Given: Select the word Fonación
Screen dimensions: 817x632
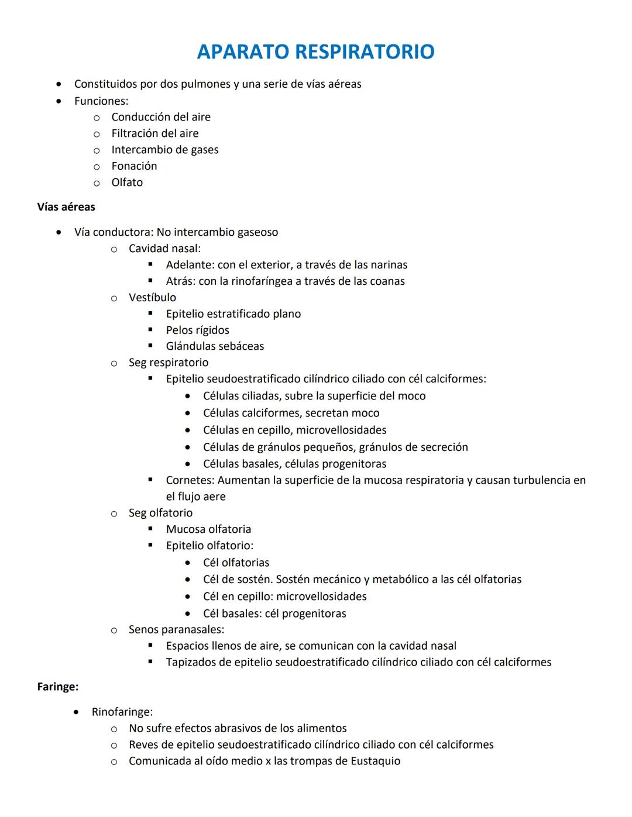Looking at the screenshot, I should pos(134,166).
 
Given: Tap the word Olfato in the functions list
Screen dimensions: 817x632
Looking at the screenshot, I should pos(127,182).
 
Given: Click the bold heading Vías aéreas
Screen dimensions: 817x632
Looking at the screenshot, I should pos(66,207).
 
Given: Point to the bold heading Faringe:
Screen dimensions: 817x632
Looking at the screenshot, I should pos(58,687).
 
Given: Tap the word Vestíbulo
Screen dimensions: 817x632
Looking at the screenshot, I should pos(152,298).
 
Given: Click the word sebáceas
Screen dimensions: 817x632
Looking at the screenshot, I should pos(241,346).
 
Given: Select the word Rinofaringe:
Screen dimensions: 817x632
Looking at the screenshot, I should pos(122,712).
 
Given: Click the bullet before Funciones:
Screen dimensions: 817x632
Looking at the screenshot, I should pos(59,101).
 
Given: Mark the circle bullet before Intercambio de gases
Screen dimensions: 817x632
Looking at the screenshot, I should pos(97,150).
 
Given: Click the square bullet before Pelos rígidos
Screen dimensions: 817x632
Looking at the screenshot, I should pos(150,330).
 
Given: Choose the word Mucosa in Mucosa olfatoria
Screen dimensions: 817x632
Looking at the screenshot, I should pos(186,529).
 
